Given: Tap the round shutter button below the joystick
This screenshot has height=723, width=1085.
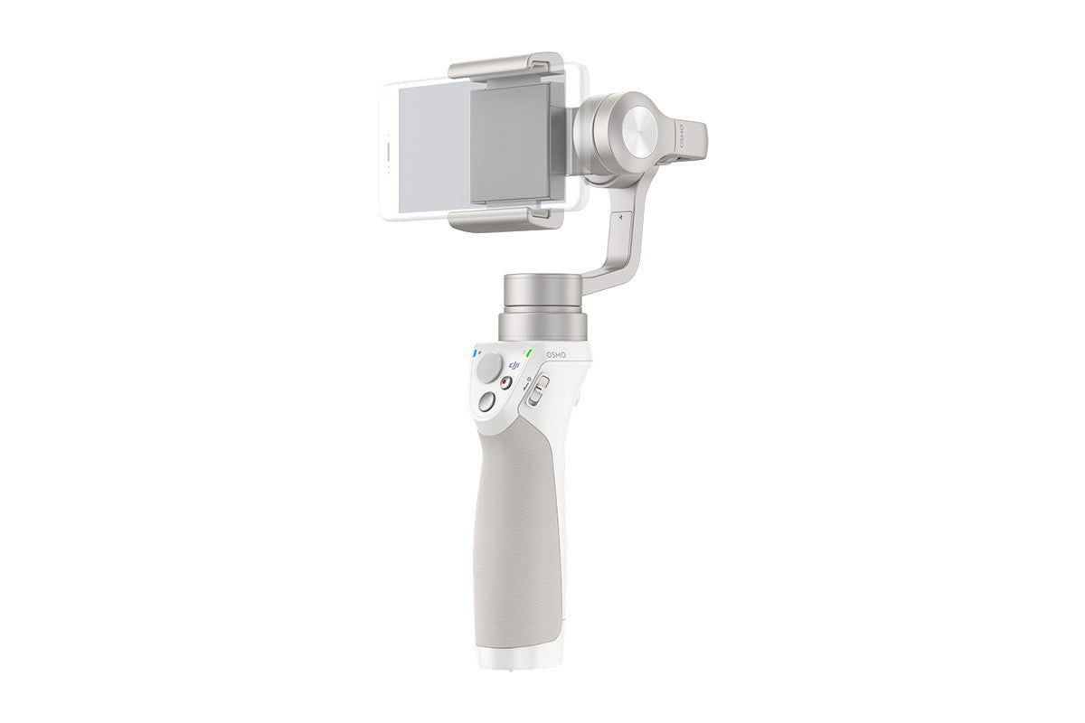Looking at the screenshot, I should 486,403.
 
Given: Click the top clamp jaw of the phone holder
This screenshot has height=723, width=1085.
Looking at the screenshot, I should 506,67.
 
